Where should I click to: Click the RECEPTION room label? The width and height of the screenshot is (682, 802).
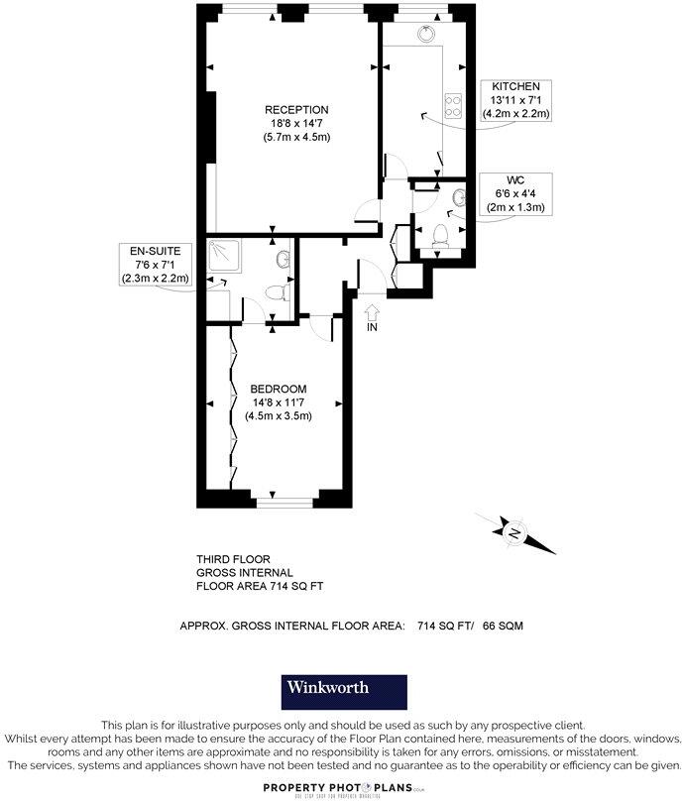click(x=296, y=109)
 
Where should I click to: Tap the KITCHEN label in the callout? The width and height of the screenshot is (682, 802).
click(x=515, y=87)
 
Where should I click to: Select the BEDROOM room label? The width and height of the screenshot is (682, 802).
click(x=278, y=388)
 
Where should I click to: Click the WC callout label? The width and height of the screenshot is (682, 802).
click(x=515, y=180)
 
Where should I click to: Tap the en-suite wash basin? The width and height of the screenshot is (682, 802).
click(x=284, y=260)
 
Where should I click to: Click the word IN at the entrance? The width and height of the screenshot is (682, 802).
click(x=372, y=327)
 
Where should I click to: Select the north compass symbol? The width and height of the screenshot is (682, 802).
click(x=515, y=532)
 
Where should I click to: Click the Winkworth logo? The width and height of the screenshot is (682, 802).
click(x=340, y=688)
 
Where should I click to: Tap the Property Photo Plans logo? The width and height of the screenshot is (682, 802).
click(x=341, y=786)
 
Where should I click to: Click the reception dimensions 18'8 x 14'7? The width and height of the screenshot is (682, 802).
click(x=296, y=123)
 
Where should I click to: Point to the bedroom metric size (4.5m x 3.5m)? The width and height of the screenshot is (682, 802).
click(x=279, y=415)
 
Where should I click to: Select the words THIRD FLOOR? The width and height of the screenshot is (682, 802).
click(x=233, y=560)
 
